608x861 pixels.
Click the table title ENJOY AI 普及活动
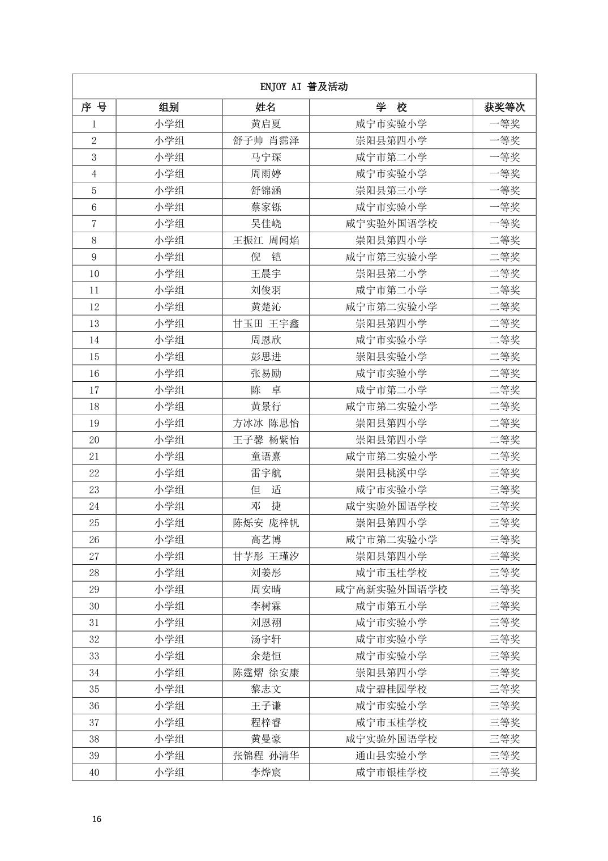coord(303,87)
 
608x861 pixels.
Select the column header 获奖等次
coord(504,107)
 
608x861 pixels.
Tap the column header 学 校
coord(391,107)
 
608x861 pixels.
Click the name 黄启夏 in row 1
coord(266,124)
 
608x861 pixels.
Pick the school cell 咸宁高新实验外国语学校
coord(391,590)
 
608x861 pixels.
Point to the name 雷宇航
coord(266,473)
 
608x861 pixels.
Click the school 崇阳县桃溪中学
coord(391,473)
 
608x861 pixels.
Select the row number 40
coord(94,772)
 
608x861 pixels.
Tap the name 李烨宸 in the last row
coord(266,772)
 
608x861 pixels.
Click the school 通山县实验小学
coord(391,756)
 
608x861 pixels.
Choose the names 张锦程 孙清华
coord(266,756)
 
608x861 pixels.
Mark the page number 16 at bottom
coord(97,819)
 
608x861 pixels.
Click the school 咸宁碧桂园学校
coord(391,689)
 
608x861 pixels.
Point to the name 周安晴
coord(266,590)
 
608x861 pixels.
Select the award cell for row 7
coord(504,224)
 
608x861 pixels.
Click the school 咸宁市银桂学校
coord(391,772)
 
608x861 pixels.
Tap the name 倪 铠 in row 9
coord(266,257)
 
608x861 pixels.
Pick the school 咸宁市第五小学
coord(391,606)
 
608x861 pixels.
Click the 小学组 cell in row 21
coord(169,457)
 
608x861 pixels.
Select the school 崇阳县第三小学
coord(391,190)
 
